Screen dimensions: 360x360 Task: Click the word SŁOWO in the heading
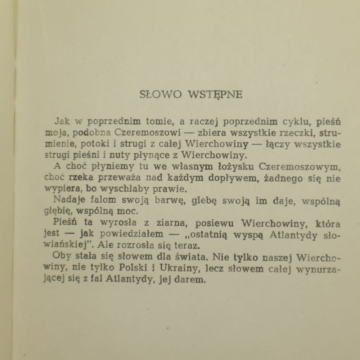pyautogui.click(x=160, y=95)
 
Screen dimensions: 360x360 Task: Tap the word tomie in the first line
pyautogui.click(x=160, y=121)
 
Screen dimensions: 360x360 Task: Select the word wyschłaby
pyautogui.click(x=107, y=189)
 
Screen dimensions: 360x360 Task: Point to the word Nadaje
pyautogui.click(x=67, y=201)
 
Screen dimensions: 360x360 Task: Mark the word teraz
pyautogui.click(x=195, y=246)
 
